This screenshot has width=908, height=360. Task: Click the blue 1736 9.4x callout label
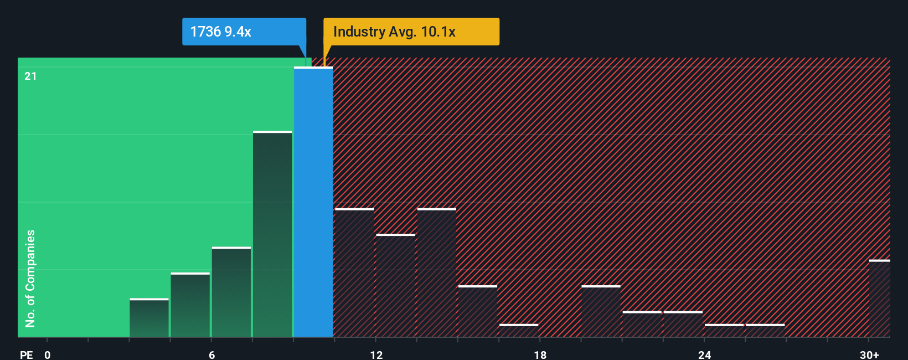pyautogui.click(x=244, y=32)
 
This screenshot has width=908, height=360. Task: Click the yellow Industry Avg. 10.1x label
pyautogui.click(x=411, y=32)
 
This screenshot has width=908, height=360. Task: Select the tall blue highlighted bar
pyautogui.click(x=313, y=202)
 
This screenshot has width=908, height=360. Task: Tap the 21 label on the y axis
pyautogui.click(x=30, y=76)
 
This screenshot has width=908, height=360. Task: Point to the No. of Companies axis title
pyautogui.click(x=30, y=278)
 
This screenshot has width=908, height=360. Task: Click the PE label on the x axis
pyautogui.click(x=26, y=355)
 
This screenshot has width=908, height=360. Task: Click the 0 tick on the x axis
pyautogui.click(x=48, y=355)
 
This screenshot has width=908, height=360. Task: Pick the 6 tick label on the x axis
pyautogui.click(x=211, y=355)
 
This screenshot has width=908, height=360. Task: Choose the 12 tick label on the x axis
pyautogui.click(x=376, y=355)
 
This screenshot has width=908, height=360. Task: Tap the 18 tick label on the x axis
pyautogui.click(x=540, y=355)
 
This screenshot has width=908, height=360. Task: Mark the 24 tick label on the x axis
pyautogui.click(x=704, y=355)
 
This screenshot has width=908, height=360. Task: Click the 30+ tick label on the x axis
pyautogui.click(x=869, y=355)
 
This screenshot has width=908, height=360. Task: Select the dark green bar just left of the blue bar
pyautogui.click(x=272, y=234)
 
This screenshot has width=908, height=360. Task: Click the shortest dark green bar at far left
pyautogui.click(x=149, y=318)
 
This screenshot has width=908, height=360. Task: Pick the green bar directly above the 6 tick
pyautogui.click(x=231, y=292)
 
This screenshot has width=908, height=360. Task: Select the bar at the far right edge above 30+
pyautogui.click(x=879, y=299)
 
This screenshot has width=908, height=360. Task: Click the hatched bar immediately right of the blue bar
pyautogui.click(x=354, y=273)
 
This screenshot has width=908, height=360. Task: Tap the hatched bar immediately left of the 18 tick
pyautogui.click(x=519, y=330)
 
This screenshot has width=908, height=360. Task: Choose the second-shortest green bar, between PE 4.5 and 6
pyautogui.click(x=190, y=305)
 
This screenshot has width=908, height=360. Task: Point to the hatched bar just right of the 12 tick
pyautogui.click(x=395, y=286)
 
